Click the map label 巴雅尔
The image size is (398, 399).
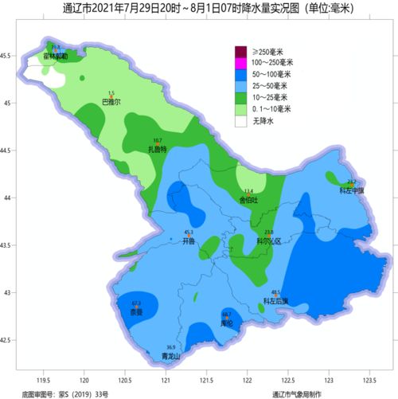click(x=111, y=103)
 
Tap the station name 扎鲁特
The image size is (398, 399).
click(x=158, y=149)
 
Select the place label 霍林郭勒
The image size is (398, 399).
click(x=55, y=57)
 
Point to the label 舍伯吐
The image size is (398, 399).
click(x=249, y=201)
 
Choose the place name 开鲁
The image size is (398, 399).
click(x=188, y=240)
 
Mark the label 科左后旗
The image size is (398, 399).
click(x=275, y=301)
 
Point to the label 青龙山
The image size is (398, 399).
click(x=171, y=356)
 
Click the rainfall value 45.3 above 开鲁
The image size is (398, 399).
click(x=189, y=232)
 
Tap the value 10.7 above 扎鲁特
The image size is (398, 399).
click(x=158, y=141)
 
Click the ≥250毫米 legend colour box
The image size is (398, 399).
click(x=240, y=52)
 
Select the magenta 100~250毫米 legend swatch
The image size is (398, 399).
click(x=240, y=63)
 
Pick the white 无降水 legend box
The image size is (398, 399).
click(x=240, y=121)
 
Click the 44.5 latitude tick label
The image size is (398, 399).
click(x=6, y=150)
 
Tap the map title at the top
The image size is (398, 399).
click(x=199, y=9)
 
